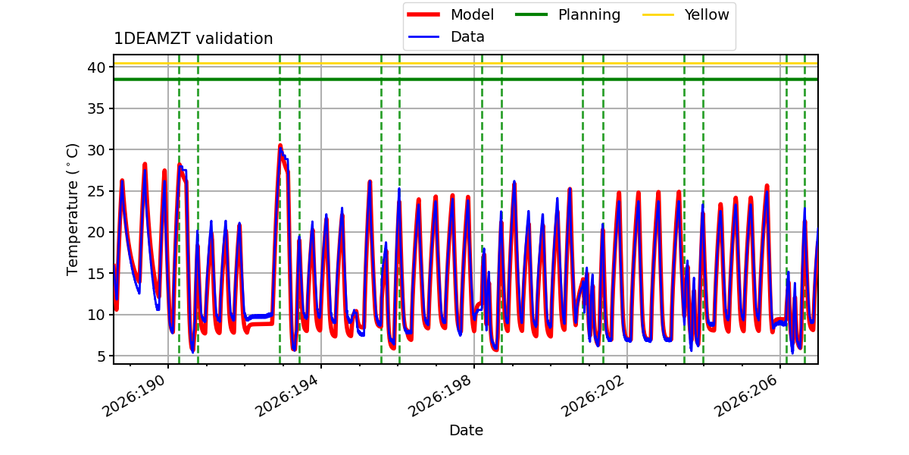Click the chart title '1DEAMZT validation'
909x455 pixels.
[x=193, y=39]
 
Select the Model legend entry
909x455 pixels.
[x=451, y=14]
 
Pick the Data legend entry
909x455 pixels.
[x=446, y=37]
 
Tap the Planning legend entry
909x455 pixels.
[x=567, y=14]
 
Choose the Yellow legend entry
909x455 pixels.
[x=686, y=14]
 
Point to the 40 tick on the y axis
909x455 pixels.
[x=96, y=67]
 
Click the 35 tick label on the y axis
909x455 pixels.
[x=96, y=109]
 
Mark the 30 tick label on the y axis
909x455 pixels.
[x=96, y=150]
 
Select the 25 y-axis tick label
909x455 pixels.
[x=96, y=191]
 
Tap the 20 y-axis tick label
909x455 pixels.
[x=96, y=232]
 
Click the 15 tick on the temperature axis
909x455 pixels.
[x=96, y=274]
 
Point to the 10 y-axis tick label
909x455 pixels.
[x=96, y=315]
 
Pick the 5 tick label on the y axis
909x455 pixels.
[x=101, y=356]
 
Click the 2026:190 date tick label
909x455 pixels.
[x=134, y=395]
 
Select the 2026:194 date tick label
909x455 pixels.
[x=287, y=395]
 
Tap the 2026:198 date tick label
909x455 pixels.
[x=440, y=395]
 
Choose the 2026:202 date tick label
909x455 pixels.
[x=593, y=395]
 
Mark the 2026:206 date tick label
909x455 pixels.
[x=746, y=395]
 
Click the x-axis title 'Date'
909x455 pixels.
[x=466, y=430]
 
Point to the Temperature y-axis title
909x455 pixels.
[x=72, y=209]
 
